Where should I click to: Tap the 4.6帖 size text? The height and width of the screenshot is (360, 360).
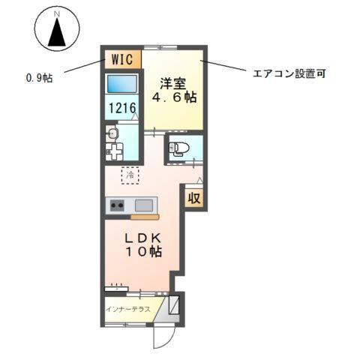pos(173,97)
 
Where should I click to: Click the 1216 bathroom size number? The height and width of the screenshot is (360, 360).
pos(121,109)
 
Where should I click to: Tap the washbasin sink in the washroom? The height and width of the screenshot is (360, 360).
pos(113,134)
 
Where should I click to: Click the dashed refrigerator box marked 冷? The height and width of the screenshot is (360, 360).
pos(130,175)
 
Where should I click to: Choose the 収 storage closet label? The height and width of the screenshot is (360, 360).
pos(193,199)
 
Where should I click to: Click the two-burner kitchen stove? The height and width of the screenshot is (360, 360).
pos(117,205)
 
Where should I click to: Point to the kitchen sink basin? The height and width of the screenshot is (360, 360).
pos(145,205)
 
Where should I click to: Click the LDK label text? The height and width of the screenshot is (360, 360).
pos(143,238)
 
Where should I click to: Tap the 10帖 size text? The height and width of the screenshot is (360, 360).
pos(143,253)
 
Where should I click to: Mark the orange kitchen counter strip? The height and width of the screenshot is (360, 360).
pos(144,217)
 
